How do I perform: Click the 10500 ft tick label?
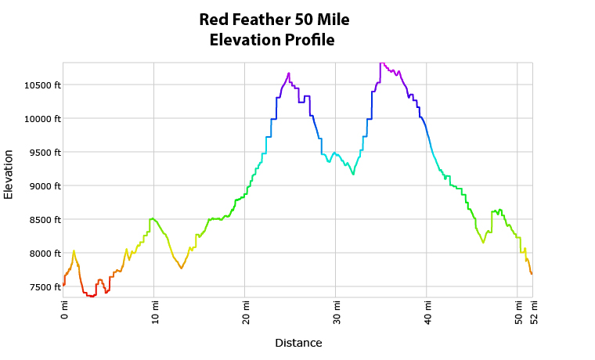(x=42, y=85)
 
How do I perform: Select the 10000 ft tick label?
(x=42, y=119)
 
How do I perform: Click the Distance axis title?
(x=298, y=343)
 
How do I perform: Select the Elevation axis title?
(x=9, y=174)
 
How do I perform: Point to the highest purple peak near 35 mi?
(x=381, y=63)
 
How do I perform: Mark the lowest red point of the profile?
(x=92, y=297)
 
